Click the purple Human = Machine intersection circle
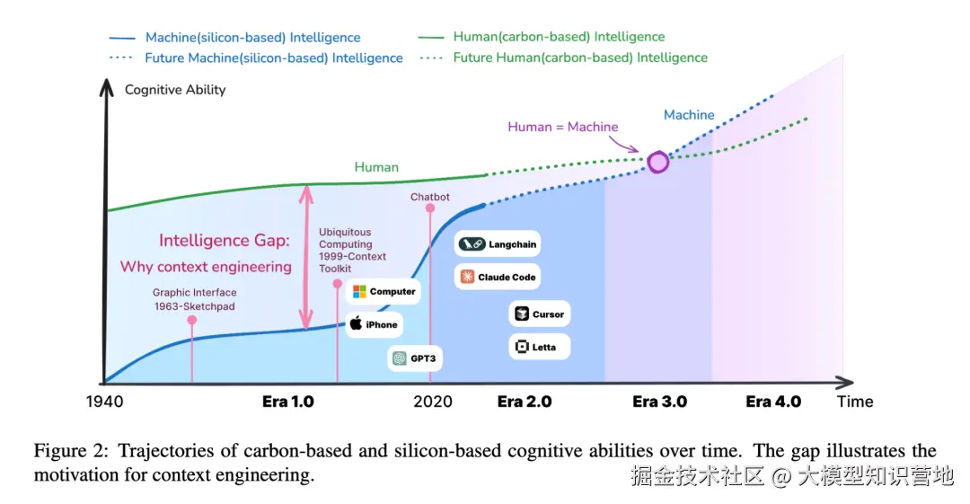coord(658,162)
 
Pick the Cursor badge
coord(539,314)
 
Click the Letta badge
coord(539,347)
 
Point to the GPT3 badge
coord(416,358)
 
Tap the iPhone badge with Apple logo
coord(373,324)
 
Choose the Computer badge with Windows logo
coord(384,291)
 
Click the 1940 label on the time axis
coord(104,402)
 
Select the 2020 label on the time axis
coord(433,402)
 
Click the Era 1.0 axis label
coord(288,402)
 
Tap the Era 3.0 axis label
coord(660,402)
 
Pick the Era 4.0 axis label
coord(773,402)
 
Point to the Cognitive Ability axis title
coord(175,90)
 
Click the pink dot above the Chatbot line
coord(430,208)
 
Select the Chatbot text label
coord(430,197)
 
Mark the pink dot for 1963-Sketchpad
coord(192,319)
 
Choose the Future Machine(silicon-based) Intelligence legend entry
coord(256,57)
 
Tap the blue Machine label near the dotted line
coord(689,115)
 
